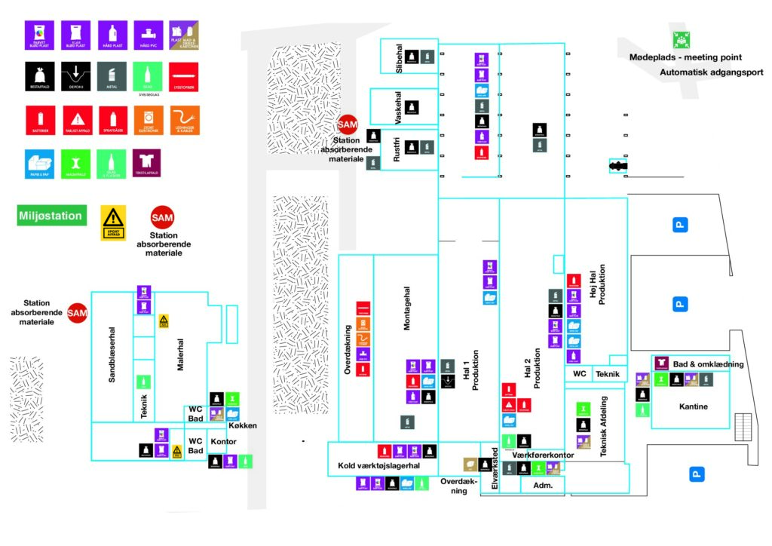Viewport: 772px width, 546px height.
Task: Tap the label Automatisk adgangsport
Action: coord(712,72)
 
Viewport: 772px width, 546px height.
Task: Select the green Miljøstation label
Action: coord(51,216)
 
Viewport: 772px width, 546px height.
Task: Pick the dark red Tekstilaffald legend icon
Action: coord(146,162)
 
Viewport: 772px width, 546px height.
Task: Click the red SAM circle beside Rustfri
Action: coord(348,125)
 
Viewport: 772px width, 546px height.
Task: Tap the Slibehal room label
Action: coord(400,58)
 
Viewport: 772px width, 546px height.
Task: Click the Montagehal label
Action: coord(407,308)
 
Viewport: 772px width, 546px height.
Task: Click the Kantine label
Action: coord(693,406)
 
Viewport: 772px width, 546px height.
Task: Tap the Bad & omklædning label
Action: coord(709,364)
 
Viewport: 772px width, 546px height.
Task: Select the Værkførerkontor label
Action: coord(543,456)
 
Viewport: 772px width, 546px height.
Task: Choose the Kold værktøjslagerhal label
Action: coord(378,466)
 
